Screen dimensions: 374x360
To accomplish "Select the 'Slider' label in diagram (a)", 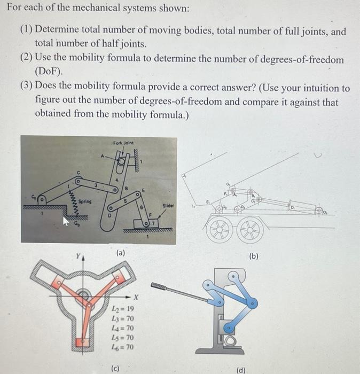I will point(168,205).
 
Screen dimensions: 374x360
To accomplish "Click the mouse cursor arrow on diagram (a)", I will point(67,221).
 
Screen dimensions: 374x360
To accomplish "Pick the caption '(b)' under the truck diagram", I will point(254,256).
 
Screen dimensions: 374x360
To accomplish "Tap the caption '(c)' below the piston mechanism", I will point(115,368).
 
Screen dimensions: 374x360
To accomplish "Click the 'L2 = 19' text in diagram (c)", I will point(121,309).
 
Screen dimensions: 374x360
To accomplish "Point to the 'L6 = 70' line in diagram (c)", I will point(121,347).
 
